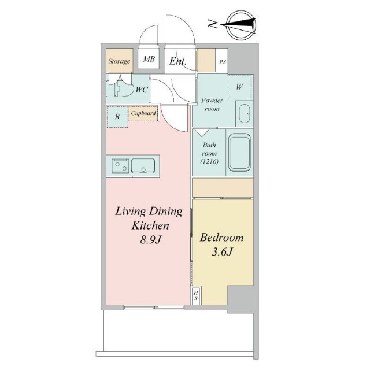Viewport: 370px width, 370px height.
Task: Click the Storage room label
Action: point(119,61)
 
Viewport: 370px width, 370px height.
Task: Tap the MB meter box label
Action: point(149,59)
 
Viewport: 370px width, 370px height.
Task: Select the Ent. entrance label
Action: point(178,61)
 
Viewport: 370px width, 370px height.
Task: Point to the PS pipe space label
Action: point(223,62)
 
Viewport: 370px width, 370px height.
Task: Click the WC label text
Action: point(142,90)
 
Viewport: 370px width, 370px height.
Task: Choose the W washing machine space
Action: point(239,87)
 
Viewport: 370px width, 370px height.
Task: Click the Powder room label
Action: point(212,104)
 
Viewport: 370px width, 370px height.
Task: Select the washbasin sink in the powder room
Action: point(245,114)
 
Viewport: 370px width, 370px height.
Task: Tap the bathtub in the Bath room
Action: point(239,152)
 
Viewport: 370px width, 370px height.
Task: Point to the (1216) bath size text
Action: point(209,162)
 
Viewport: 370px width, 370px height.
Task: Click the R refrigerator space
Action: point(117,117)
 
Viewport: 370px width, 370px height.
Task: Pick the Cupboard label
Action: point(143,113)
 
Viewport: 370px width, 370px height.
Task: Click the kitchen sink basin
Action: point(143,166)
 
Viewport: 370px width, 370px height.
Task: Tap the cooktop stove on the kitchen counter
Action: point(120,166)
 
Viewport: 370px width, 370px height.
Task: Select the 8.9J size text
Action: point(150,240)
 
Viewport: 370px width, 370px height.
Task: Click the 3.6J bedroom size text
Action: point(222,252)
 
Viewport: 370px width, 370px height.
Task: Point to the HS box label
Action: point(196,295)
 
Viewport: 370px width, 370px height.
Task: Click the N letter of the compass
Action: point(213,24)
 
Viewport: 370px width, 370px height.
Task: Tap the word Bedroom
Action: point(222,238)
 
